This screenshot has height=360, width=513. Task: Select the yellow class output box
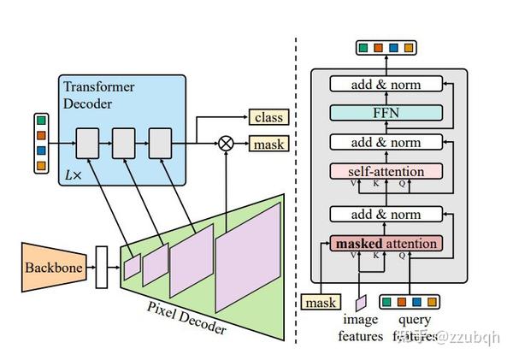pos(268,117)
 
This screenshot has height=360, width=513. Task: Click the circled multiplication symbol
pos(226,144)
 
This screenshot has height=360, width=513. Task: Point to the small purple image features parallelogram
pos(361,302)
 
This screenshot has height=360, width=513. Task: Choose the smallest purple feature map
pos(132,268)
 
